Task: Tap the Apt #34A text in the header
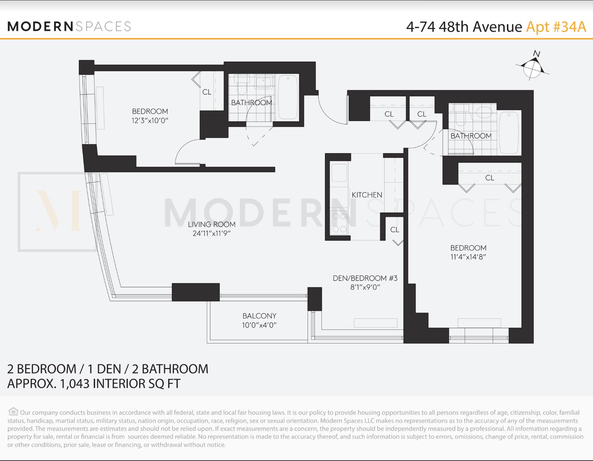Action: coord(556,27)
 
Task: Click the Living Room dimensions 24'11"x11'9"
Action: coord(212,233)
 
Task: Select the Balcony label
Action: coord(259,316)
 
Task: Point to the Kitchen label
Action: coord(367,195)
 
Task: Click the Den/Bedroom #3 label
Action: coord(365,278)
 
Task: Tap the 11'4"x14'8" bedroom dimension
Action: coord(468,257)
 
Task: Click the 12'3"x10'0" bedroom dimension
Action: coord(150,120)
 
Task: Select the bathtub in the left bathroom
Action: coord(288,97)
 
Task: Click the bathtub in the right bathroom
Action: coord(509,132)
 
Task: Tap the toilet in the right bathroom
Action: coord(461,117)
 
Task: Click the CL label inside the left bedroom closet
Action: coord(206,92)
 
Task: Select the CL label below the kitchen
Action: coord(395,230)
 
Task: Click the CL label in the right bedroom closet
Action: coord(489,178)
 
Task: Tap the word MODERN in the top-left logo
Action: coord(40,26)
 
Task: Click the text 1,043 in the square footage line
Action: coord(74,384)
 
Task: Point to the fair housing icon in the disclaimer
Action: coord(13,411)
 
